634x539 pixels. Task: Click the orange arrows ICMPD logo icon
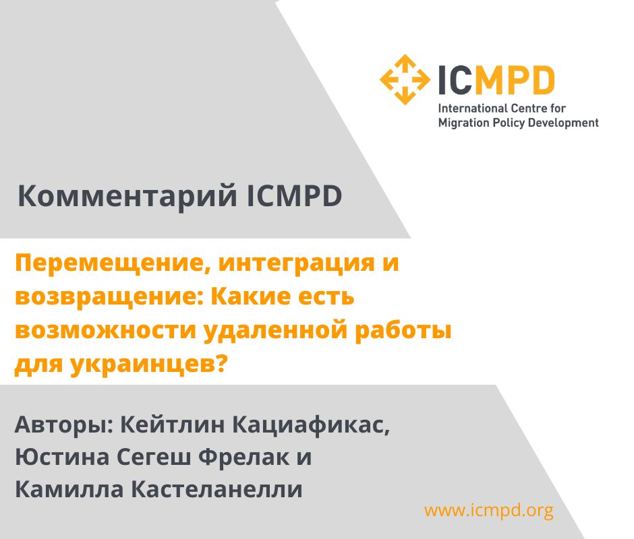pos(405,80)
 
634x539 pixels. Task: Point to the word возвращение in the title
pos(110,297)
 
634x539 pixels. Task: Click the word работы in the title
pos(403,331)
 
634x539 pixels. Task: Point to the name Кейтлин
pos(172,425)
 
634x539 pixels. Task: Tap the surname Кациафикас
pos(312,426)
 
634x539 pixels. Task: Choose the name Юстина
pos(62,457)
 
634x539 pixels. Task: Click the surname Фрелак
pos(243,457)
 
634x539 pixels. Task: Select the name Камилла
pos(69,490)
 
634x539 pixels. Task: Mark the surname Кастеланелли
pos(217,490)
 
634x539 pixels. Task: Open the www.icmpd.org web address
pos(489,511)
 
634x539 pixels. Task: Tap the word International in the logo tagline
pos(473,108)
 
